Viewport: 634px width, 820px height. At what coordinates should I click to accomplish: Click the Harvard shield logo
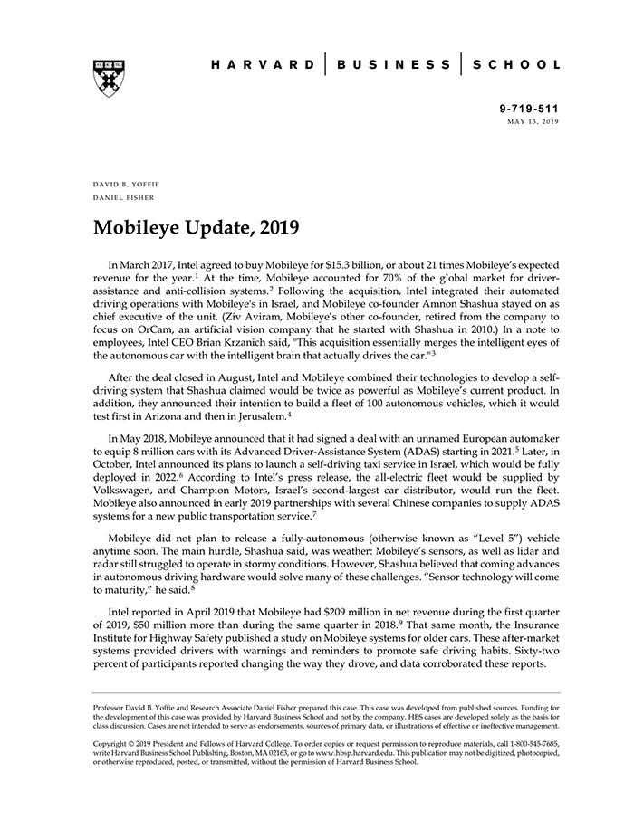pyautogui.click(x=108, y=77)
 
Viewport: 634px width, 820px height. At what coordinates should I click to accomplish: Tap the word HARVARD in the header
pyautogui.click(x=264, y=65)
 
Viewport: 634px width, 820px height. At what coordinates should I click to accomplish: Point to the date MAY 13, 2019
pyautogui.click(x=533, y=120)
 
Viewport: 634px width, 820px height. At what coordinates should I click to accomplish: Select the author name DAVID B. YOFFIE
pyautogui.click(x=127, y=184)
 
